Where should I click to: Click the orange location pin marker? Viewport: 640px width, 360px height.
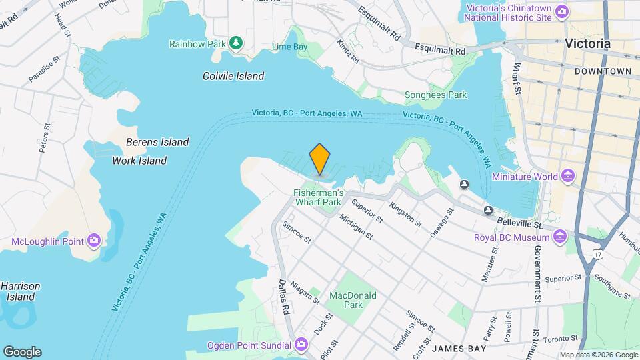320,159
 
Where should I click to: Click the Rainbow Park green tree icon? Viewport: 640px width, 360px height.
235,43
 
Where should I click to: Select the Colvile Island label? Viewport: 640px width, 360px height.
233,76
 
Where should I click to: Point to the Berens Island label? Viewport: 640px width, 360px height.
157,142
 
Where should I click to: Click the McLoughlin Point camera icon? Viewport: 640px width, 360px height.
94,240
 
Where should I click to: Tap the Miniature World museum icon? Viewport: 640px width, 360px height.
567,177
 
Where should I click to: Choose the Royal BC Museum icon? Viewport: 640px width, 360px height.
561,237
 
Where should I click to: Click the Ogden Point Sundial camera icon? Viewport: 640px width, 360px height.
301,345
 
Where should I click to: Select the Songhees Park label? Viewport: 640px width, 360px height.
436,95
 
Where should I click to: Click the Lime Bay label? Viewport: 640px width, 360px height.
289,47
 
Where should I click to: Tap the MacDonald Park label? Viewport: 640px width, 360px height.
353,300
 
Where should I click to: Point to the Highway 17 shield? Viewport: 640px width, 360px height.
597,253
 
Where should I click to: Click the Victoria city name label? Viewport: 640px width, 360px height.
587,43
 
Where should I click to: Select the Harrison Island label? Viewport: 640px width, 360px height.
20,291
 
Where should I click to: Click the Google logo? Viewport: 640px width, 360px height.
22,351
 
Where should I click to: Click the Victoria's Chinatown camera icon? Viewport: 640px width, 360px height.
562,11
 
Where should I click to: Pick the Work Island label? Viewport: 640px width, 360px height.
139,161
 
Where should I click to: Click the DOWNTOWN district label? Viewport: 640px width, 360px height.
603,71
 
